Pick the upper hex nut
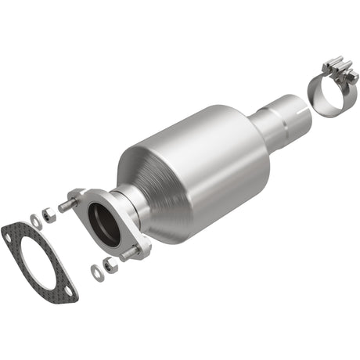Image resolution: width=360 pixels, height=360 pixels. [x=47, y=211]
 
